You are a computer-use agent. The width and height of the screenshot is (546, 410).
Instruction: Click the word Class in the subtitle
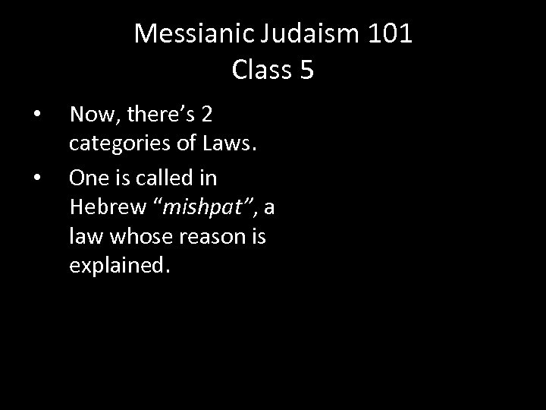tap(263, 70)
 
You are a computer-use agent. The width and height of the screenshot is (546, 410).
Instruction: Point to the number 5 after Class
tap(306, 70)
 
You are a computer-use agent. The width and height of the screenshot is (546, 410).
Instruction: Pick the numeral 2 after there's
tap(205, 115)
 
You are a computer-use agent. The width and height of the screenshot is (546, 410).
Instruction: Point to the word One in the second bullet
tap(85, 178)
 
